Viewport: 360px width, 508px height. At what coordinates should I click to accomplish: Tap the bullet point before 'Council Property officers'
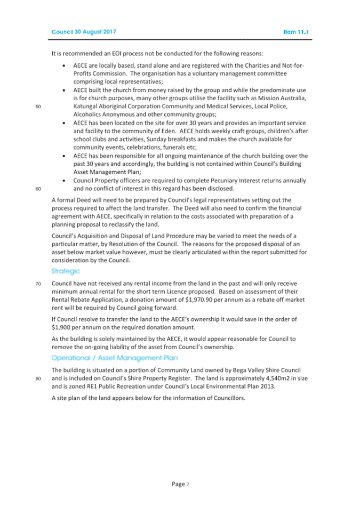(x=65, y=180)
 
